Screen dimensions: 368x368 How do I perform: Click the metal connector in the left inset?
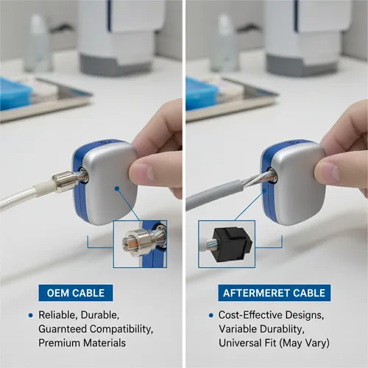tap(135, 244)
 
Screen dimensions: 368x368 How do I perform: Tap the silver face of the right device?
tap(298, 184)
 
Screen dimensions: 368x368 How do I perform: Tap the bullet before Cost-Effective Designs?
tap(211, 315)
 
